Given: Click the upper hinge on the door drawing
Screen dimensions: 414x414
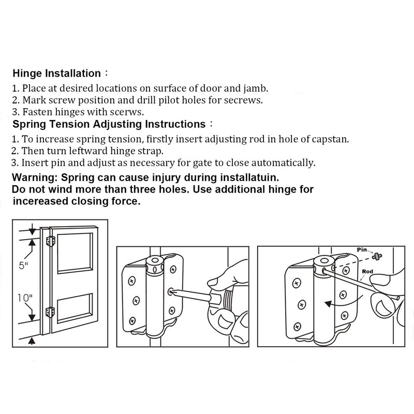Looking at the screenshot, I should [x=50, y=242].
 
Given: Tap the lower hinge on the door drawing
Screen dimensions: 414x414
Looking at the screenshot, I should [x=50, y=312].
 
